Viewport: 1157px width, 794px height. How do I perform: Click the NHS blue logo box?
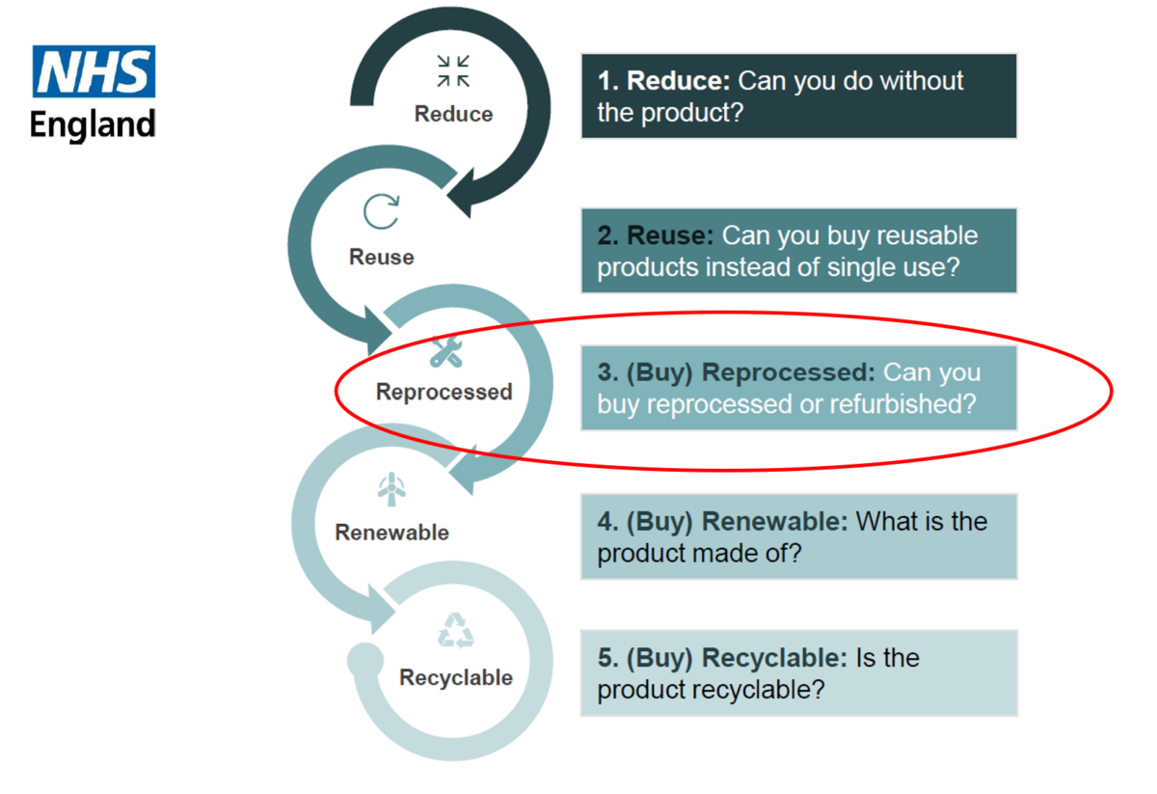click(94, 71)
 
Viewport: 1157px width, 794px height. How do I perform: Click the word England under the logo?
click(93, 124)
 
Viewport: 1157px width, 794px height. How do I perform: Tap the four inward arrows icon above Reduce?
click(453, 70)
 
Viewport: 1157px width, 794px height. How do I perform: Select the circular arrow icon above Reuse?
click(381, 211)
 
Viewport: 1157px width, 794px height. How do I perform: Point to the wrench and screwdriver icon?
click(446, 352)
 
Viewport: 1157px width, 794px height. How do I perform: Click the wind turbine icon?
click(391, 489)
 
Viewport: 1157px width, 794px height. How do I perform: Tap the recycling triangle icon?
click(455, 631)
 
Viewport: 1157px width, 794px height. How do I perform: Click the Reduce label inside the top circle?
click(453, 114)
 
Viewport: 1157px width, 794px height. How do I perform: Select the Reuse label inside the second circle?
click(382, 257)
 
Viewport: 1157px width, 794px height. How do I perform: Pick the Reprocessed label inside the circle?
click(444, 392)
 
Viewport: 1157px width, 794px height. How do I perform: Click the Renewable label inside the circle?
click(392, 533)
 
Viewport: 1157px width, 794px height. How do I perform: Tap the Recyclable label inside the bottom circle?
click(456, 677)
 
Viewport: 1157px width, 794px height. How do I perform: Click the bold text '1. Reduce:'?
click(663, 81)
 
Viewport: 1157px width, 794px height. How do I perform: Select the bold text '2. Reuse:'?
click(656, 235)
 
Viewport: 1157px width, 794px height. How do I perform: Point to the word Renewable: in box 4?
click(775, 521)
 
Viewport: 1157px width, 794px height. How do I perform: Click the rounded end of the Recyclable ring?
click(365, 660)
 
